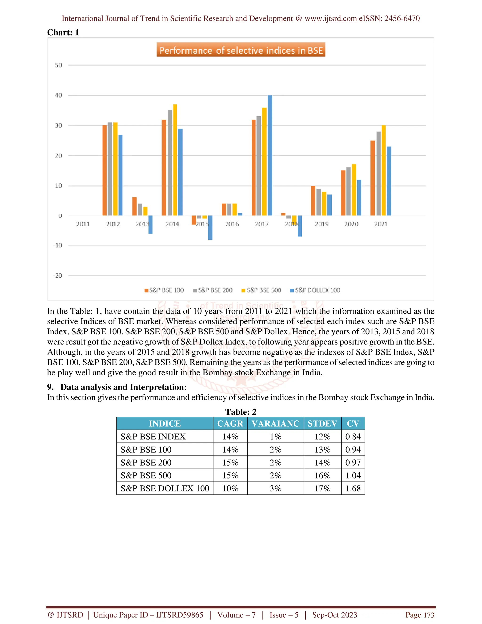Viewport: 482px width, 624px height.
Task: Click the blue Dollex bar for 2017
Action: pyautogui.click(x=270, y=156)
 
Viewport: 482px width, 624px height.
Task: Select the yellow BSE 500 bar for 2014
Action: pyautogui.click(x=175, y=160)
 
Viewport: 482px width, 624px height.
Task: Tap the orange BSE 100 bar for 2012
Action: pyautogui.click(x=104, y=170)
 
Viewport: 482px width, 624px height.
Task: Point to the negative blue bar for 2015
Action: pyautogui.click(x=210, y=228)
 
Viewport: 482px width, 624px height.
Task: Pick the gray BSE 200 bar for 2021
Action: pyautogui.click(x=378, y=174)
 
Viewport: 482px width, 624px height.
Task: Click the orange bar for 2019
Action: pyautogui.click(x=313, y=201)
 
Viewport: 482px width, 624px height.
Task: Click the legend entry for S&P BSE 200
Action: pyautogui.click(x=213, y=290)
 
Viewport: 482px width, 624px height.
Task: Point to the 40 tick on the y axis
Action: pyautogui.click(x=58, y=95)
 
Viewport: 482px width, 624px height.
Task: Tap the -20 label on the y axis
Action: pyautogui.click(x=58, y=276)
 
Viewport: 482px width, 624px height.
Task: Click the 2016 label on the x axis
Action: pyautogui.click(x=232, y=224)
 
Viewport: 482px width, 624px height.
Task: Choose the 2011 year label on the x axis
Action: pyautogui.click(x=83, y=224)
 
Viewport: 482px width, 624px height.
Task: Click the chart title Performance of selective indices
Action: pyautogui.click(x=241, y=50)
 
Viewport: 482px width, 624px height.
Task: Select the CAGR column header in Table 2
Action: pyautogui.click(x=230, y=423)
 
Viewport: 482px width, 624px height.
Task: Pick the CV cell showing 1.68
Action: pyautogui.click(x=353, y=488)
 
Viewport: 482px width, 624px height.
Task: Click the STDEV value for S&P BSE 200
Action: pyautogui.click(x=322, y=462)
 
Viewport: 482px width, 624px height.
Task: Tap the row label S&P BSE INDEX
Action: pyautogui.click(x=153, y=437)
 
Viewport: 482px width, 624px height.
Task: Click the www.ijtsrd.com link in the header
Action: pyautogui.click(x=330, y=19)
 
